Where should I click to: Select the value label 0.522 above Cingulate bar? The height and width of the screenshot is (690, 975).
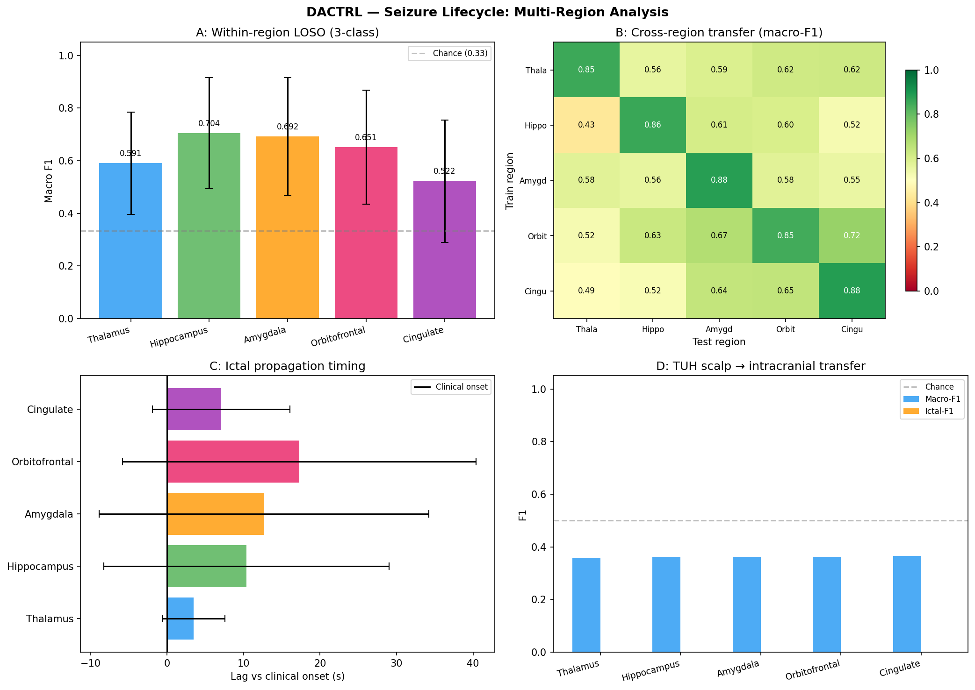pyautogui.click(x=444, y=171)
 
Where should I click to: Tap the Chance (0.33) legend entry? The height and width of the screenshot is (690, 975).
pyautogui.click(x=449, y=53)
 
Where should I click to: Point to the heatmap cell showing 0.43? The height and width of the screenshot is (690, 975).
pyautogui.click(x=586, y=125)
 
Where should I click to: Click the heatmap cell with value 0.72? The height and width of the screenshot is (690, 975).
pyautogui.click(x=852, y=235)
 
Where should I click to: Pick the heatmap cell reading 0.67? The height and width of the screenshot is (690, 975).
pyautogui.click(x=719, y=235)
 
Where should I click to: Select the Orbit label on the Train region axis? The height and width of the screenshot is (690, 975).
pyautogui.click(x=537, y=236)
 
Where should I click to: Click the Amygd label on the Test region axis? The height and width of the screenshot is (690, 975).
pyautogui.click(x=719, y=329)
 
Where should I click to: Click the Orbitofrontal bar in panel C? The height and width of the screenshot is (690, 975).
pyautogui.click(x=233, y=462)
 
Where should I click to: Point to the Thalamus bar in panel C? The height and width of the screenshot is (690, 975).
pyautogui.click(x=181, y=619)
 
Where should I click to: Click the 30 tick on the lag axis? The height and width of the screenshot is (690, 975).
pyautogui.click(x=397, y=663)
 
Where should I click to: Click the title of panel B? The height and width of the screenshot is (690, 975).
pyautogui.click(x=719, y=33)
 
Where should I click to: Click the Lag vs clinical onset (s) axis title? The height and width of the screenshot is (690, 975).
pyautogui.click(x=287, y=676)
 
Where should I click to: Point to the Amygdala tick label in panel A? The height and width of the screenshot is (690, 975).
pyautogui.click(x=265, y=335)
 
